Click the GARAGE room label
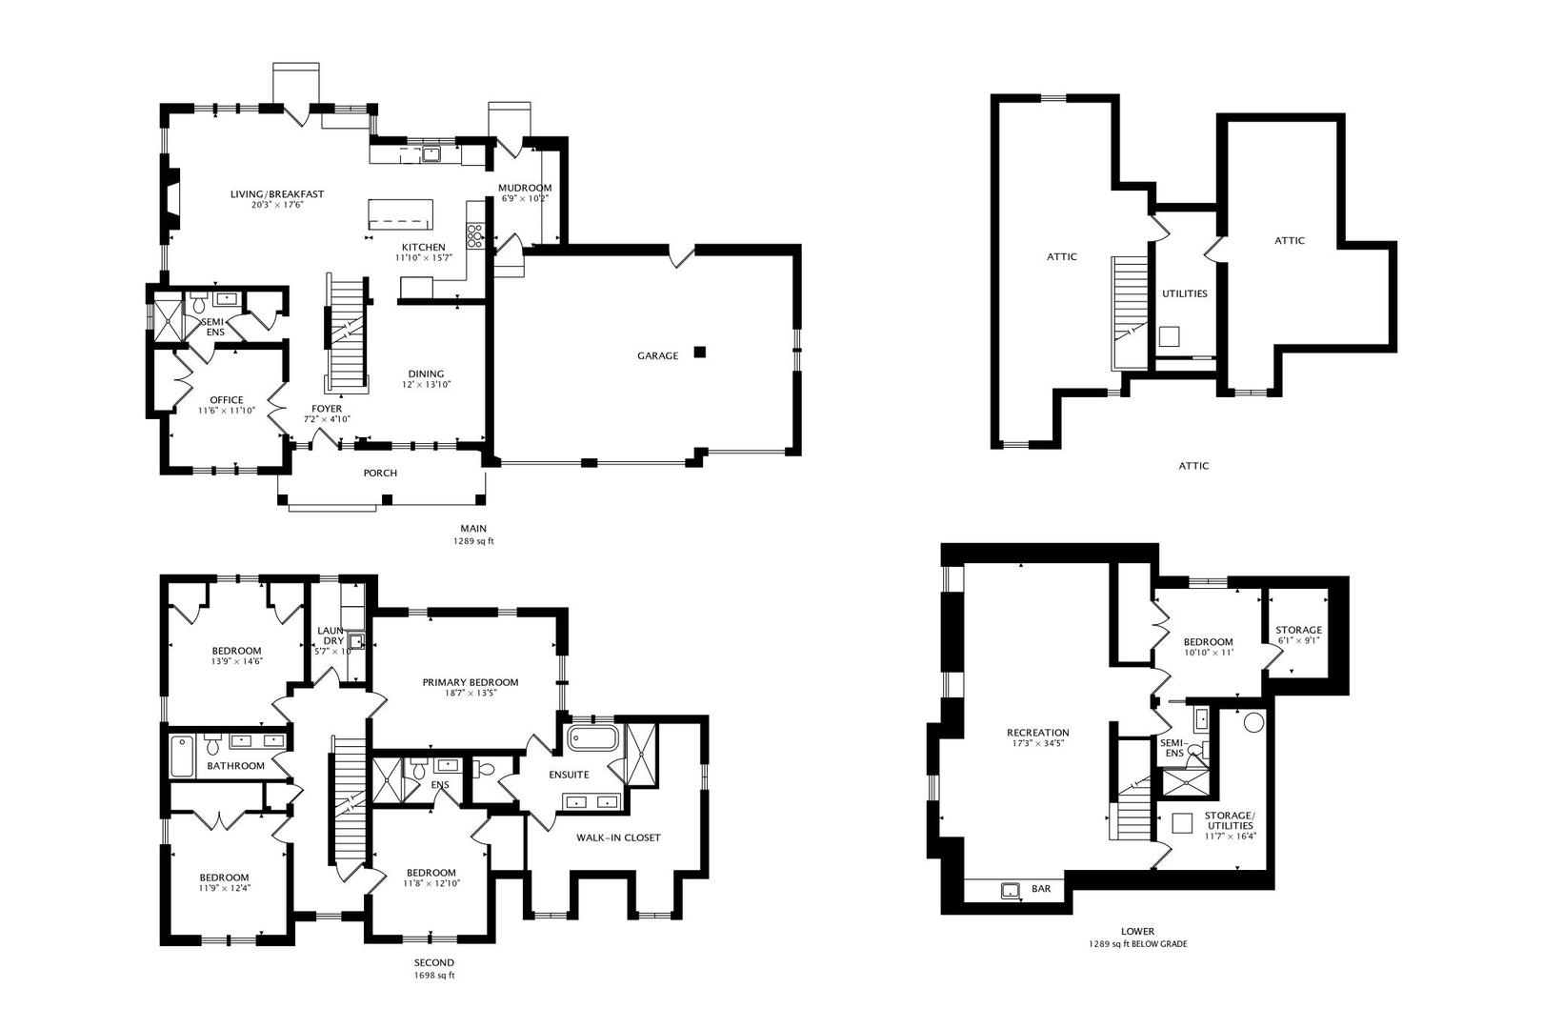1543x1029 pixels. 657,355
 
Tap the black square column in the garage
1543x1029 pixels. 700,353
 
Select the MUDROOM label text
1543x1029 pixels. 525,188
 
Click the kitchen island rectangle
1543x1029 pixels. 401,214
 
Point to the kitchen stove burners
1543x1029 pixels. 474,235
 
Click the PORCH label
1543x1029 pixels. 380,473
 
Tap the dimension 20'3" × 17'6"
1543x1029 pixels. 277,205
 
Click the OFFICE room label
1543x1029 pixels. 227,400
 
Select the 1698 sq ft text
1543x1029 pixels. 434,976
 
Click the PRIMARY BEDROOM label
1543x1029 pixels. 471,682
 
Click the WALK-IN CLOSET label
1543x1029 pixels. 618,837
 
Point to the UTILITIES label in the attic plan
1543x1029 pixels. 1185,293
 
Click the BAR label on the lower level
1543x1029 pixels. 1041,888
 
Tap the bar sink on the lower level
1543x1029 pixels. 1011,891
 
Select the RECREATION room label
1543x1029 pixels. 1038,733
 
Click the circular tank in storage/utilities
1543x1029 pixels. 1254,722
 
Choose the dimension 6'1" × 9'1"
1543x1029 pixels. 1299,640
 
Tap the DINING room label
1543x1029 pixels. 426,373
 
